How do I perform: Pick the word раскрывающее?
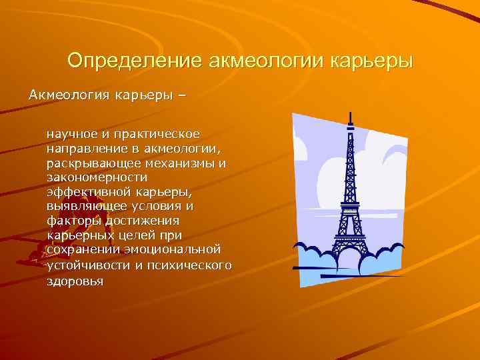(89, 163)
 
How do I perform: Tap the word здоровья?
(75, 279)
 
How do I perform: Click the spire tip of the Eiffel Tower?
(349, 113)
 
